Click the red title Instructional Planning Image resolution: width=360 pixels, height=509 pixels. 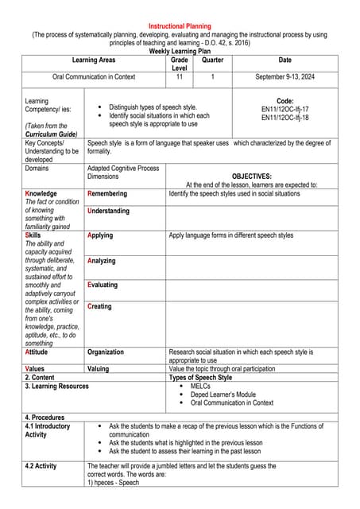pyautogui.click(x=180, y=26)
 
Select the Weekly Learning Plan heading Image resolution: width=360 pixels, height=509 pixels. pyautogui.click(x=180, y=51)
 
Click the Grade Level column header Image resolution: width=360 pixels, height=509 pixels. pyautogui.click(x=180, y=64)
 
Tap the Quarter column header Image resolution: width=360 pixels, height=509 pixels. pyautogui.click(x=213, y=60)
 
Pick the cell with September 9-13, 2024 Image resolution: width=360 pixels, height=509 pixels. pyautogui.click(x=285, y=77)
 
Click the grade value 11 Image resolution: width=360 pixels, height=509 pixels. pyautogui.click(x=180, y=77)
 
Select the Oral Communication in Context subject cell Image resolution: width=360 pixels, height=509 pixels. pyautogui.click(x=94, y=77)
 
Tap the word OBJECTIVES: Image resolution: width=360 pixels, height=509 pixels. pyautogui.click(x=251, y=177)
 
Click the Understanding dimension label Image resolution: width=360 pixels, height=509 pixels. pyautogui.click(x=108, y=211)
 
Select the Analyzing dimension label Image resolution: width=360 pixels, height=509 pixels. pyautogui.click(x=102, y=261)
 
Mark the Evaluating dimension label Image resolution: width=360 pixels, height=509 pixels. pyautogui.click(x=103, y=285)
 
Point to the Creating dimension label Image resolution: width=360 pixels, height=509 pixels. pyautogui.click(x=99, y=306)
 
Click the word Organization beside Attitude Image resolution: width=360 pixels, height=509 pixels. pyautogui.click(x=106, y=352)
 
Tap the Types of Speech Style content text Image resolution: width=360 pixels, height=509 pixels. pyautogui.click(x=200, y=378)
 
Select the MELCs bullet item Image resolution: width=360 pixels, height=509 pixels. pyautogui.click(x=200, y=386)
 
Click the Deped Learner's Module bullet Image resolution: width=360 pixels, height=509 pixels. pyautogui.click(x=223, y=394)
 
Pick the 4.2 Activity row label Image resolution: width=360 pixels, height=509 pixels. pyautogui.click(x=41, y=466)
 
